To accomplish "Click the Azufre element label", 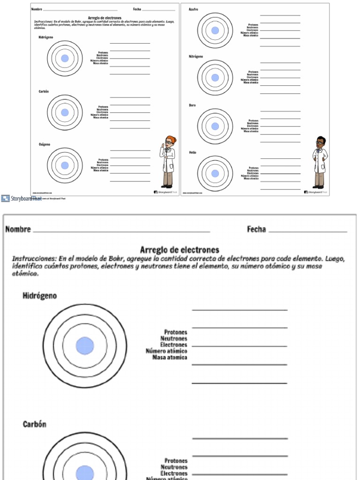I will coord(193,9).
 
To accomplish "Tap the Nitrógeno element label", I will coord(195,56).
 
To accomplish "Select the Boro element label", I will coord(192,105).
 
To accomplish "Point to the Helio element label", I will coord(193,153).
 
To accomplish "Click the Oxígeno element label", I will coord(45,145).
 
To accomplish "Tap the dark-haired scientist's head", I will coord(321,141).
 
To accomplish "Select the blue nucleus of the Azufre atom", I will coord(215,30).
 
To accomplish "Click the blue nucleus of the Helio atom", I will coord(215,173).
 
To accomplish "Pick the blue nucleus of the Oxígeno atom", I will coord(65,165).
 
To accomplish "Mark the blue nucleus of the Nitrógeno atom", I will coord(215,78).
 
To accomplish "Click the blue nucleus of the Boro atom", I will coord(215,126).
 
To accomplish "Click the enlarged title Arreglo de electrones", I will coord(180,250).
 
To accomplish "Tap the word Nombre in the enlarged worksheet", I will coord(18,229).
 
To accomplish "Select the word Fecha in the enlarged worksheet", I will coord(256,229).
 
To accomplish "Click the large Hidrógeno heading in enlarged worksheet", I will coord(40,296).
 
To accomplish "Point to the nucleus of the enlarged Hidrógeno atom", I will coord(85,345).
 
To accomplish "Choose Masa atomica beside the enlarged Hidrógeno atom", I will coord(170,358).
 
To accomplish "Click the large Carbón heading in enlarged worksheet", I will coord(35,424).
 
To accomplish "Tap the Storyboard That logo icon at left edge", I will coord(5,198).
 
